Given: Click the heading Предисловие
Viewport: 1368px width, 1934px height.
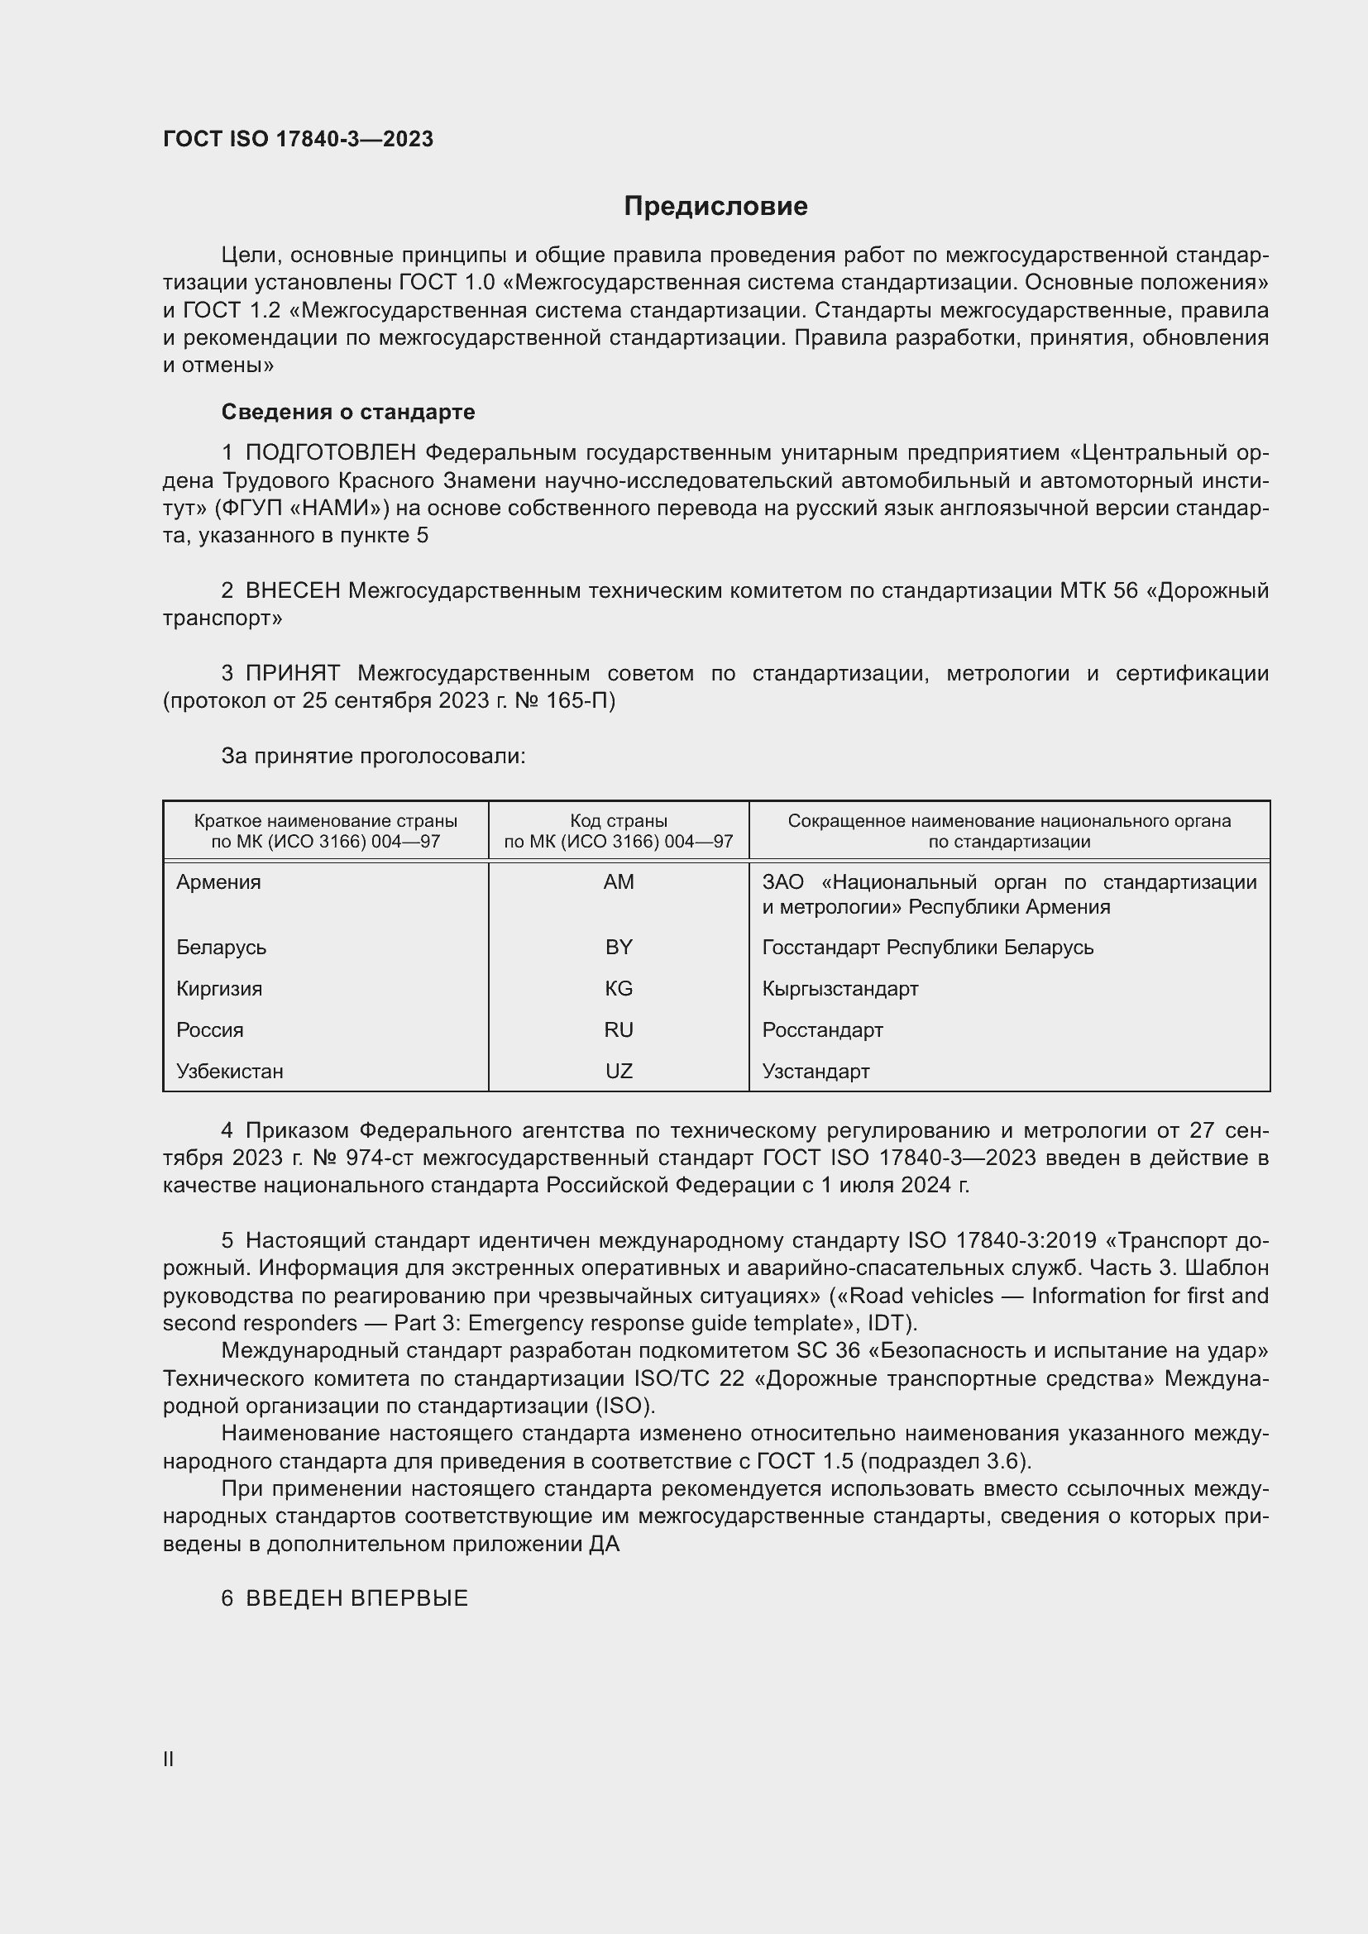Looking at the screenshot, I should tap(715, 207).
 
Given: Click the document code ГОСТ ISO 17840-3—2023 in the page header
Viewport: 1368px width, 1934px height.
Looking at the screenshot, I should tap(299, 139).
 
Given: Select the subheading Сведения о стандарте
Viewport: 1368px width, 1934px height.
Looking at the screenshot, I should tap(348, 412).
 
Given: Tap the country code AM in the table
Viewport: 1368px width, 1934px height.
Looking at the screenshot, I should tap(619, 882).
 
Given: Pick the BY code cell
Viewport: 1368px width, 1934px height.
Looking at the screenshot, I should tap(619, 948).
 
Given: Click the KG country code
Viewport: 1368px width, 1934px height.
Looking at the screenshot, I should tap(619, 989).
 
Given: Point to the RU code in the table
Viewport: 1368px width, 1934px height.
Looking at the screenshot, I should tap(619, 1030).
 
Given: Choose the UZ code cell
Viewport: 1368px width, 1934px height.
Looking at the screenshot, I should tap(619, 1072).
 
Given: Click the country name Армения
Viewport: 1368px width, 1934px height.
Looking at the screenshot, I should tap(219, 882).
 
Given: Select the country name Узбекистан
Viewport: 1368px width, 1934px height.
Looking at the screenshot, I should tap(230, 1072).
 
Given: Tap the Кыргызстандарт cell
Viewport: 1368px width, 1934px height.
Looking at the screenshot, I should tap(839, 989).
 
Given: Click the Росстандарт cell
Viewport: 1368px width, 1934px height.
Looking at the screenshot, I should tap(822, 1030).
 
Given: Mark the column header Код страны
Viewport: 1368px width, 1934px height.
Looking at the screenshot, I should tap(619, 821).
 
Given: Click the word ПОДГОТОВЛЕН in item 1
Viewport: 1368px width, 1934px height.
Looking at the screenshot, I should tap(331, 453).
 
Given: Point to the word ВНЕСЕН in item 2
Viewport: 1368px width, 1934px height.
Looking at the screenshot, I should tap(293, 591).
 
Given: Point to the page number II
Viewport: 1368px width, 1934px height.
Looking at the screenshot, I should tap(169, 1760).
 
